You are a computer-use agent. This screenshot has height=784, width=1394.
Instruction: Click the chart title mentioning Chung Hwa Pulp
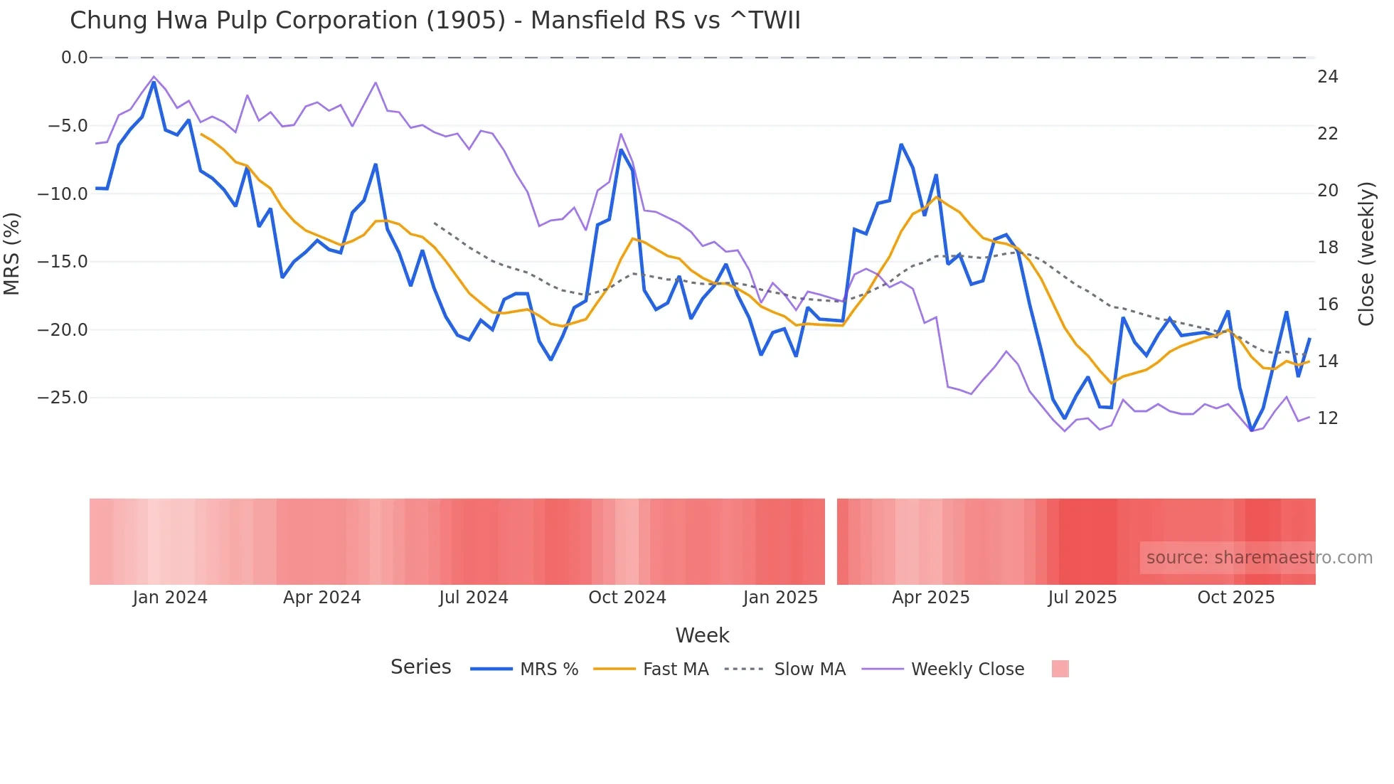click(x=435, y=21)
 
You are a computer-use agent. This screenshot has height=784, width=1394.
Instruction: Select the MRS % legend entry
click(x=548, y=669)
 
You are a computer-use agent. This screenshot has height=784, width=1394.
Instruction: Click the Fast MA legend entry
click(x=675, y=669)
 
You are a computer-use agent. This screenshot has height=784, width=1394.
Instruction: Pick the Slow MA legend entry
click(x=809, y=669)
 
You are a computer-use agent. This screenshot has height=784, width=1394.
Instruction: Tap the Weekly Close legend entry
click(x=967, y=669)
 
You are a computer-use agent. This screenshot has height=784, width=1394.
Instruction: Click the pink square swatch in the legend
click(x=1060, y=669)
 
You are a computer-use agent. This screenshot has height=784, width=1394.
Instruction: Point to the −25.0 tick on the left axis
click(x=63, y=398)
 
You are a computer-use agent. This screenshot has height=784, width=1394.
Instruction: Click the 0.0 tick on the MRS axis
click(x=74, y=58)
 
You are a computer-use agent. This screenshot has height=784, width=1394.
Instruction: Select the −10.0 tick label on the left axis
click(x=63, y=194)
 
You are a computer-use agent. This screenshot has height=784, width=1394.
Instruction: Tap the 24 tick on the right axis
click(x=1327, y=77)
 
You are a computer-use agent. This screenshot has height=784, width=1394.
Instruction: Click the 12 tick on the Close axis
click(x=1327, y=418)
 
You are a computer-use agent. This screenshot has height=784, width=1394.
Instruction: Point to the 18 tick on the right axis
click(x=1327, y=248)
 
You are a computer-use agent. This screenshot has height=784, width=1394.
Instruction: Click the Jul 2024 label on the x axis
click(x=474, y=598)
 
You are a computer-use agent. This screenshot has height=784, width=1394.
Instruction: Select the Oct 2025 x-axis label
click(x=1235, y=598)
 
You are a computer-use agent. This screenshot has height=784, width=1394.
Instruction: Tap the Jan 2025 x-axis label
click(x=780, y=598)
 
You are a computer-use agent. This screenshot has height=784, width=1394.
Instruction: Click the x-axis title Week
click(x=702, y=635)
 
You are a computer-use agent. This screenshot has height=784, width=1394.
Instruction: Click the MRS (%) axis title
click(x=12, y=253)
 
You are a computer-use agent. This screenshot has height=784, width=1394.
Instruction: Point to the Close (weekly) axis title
click(x=1366, y=253)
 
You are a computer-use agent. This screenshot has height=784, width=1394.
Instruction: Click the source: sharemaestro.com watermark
click(x=1259, y=558)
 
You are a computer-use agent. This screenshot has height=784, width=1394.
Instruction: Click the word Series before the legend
click(x=420, y=667)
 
